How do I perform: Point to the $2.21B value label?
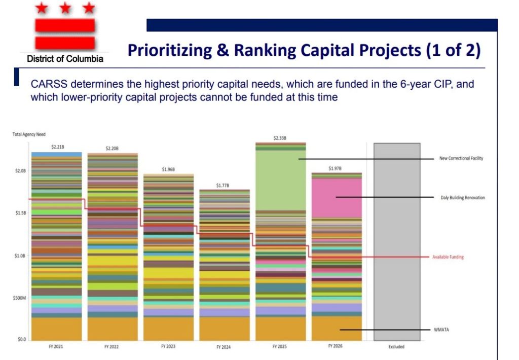[56, 147]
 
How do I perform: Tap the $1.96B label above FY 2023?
[168, 169]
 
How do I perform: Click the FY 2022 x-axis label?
[112, 347]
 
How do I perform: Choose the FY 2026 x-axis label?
[336, 347]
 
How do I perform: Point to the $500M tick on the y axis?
[20, 298]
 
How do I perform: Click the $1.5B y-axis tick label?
[20, 213]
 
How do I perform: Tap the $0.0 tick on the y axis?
[21, 339]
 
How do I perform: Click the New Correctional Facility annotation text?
[461, 158]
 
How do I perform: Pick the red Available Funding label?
[448, 257]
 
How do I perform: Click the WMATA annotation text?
[442, 330]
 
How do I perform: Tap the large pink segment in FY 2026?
[337, 198]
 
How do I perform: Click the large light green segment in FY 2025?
[281, 180]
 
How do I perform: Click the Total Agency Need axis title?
[29, 134]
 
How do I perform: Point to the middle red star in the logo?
[64, 8]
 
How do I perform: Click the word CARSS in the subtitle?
[46, 84]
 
